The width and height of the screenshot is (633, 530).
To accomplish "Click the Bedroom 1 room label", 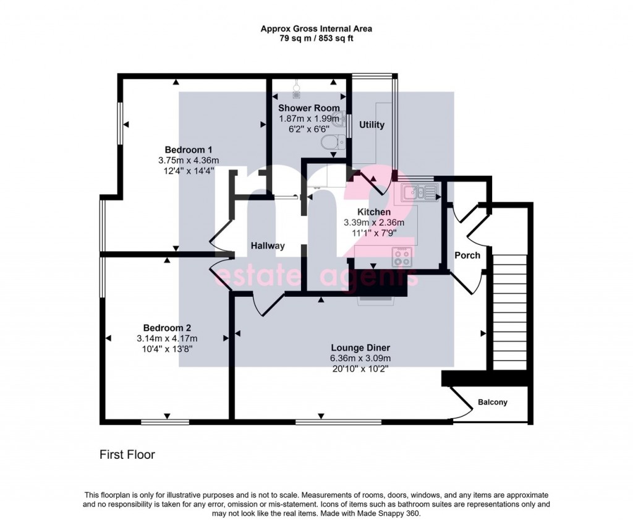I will coord(189,150).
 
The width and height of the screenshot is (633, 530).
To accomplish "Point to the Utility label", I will coord(372,125).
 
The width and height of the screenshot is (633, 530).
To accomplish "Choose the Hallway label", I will coord(268,246).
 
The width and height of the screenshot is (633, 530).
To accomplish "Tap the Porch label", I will coord(467,255).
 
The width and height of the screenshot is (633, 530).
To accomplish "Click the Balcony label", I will coord(493,403).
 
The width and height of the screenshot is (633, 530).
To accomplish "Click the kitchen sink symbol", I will coord(418,192).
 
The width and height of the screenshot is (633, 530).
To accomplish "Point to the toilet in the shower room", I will coord(331,143).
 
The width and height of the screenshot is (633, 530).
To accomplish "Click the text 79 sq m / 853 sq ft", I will coord(316,38).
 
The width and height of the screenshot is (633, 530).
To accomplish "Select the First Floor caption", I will coord(127,455).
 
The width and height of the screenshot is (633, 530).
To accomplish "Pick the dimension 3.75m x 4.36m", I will coord(189,160).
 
